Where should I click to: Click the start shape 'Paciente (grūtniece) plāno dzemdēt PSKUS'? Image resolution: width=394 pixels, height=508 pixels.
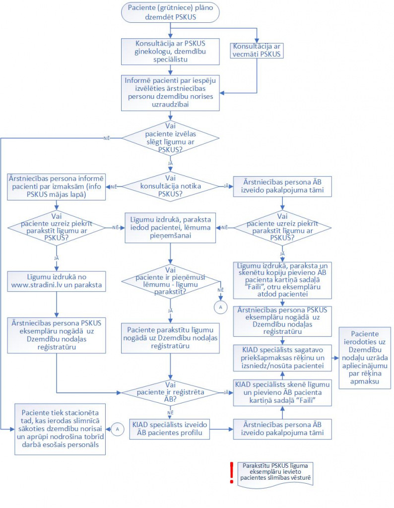tap(170, 12)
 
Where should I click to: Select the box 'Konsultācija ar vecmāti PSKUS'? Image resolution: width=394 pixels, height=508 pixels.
tap(257, 51)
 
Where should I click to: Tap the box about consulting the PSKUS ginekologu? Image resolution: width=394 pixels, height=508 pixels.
tap(170, 52)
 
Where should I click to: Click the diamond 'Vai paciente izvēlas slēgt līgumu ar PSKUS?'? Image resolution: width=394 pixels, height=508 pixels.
tap(170, 138)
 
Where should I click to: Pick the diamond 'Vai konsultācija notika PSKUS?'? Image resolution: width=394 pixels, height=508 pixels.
tap(170, 187)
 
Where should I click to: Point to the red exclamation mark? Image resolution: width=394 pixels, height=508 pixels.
tap(232, 473)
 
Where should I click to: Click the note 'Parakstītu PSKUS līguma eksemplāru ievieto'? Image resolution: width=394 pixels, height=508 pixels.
tap(275, 474)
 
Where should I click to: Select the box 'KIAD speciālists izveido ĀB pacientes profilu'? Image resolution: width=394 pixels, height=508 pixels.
tap(169, 429)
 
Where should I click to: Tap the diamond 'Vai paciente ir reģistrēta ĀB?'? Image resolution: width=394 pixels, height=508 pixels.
tap(170, 392)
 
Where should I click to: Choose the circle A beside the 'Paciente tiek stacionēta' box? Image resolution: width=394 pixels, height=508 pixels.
tap(117, 429)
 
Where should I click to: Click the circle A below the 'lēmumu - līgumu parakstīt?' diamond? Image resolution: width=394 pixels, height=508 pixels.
tap(221, 307)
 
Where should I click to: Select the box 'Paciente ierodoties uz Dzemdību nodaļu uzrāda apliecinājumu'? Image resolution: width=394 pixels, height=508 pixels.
tap(365, 358)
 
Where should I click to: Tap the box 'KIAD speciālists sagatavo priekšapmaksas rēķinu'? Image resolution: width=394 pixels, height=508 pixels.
tap(282, 358)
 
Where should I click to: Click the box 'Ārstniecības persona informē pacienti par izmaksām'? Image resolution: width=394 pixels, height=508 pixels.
tap(57, 187)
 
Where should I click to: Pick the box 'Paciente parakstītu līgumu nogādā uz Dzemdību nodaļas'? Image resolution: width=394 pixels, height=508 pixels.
tap(170, 338)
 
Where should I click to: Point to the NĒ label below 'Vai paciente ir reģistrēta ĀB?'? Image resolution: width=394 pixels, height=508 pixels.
tap(170, 412)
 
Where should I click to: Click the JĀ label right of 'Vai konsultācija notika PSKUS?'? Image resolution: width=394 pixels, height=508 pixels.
tap(226, 187)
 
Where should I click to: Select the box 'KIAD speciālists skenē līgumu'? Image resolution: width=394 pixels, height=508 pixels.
tap(282, 392)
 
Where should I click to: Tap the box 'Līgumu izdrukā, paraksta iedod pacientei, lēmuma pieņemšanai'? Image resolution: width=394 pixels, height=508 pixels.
tap(170, 227)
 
